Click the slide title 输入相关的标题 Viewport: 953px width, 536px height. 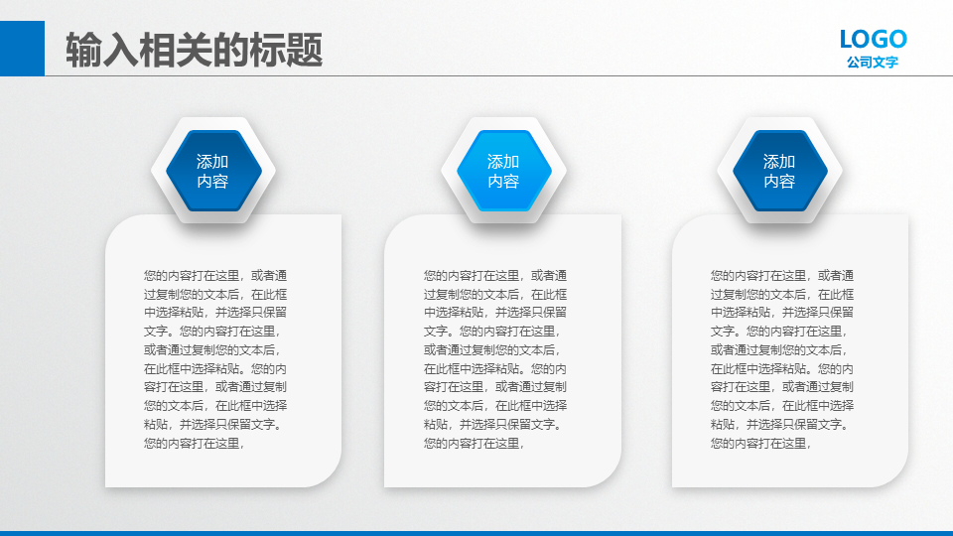[194, 50]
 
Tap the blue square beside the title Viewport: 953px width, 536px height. [22, 49]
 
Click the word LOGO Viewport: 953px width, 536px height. [873, 40]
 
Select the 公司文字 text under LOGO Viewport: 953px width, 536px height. [873, 62]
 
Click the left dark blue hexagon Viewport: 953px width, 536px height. [213, 171]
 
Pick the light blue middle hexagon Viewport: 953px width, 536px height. [504, 171]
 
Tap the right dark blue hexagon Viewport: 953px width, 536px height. [780, 171]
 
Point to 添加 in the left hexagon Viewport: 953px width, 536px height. [212, 162]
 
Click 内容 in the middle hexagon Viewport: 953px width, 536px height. [503, 181]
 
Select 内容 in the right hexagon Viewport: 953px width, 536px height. [779, 181]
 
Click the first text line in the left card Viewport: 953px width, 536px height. [215, 276]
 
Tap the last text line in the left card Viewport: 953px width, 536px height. [195, 444]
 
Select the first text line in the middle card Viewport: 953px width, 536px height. [495, 276]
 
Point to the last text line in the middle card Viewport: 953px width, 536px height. [475, 444]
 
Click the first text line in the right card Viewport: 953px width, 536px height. [782, 276]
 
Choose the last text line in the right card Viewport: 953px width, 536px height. [761, 444]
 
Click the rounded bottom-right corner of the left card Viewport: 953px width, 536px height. [331, 476]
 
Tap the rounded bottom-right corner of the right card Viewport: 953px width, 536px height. [897, 476]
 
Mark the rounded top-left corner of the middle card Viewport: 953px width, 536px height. [394, 225]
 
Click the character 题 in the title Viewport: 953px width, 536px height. [304, 50]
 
